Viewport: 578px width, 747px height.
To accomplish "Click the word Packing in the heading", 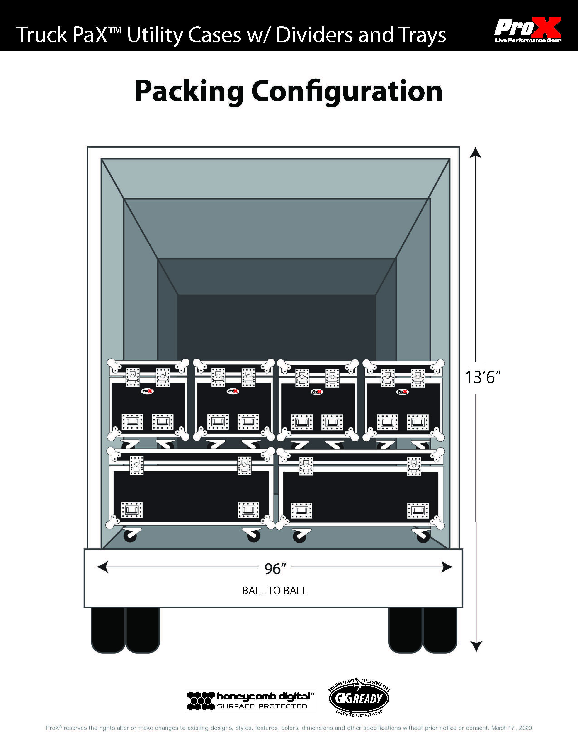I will click(189, 92).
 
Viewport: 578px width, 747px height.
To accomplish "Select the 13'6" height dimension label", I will click(483, 378).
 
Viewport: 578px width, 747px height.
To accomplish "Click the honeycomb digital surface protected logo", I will click(250, 701).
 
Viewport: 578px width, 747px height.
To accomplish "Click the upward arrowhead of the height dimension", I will click(476, 153).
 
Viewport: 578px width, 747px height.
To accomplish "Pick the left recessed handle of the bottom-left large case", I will click(132, 510).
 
